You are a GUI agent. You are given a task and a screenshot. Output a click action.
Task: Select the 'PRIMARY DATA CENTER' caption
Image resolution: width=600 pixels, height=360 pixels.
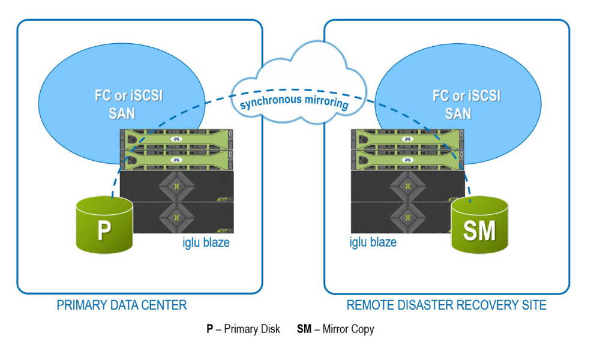[x=122, y=305]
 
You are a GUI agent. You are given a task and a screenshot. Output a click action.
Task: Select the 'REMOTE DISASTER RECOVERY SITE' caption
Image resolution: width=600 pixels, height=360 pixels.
[x=446, y=305]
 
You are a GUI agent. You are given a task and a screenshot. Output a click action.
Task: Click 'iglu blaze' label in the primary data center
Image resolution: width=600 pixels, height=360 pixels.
[x=205, y=242]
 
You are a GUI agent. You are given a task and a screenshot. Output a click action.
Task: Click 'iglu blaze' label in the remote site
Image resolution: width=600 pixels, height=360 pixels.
[x=373, y=242]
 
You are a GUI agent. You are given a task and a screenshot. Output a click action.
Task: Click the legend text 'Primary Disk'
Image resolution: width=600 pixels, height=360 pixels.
[x=251, y=329]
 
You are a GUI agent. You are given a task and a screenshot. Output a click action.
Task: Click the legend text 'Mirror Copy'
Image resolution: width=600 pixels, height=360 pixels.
[x=349, y=329]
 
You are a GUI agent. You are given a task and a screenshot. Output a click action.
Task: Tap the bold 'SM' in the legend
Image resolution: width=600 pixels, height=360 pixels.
[x=304, y=329]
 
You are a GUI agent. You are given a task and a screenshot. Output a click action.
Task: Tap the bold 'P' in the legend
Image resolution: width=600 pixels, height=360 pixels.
[x=210, y=329]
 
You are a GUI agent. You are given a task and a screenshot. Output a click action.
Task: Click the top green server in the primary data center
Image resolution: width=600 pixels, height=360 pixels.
[x=176, y=139]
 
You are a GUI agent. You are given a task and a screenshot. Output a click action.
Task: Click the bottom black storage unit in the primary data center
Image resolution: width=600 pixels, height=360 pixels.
[x=176, y=217]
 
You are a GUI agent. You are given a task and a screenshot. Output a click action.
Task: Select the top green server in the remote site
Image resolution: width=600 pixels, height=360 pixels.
[x=407, y=139]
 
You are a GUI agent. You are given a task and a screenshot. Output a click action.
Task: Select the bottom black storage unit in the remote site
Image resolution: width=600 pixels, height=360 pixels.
[x=407, y=217]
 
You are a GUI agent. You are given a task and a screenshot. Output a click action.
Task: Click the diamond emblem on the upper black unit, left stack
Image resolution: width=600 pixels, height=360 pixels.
[x=176, y=186]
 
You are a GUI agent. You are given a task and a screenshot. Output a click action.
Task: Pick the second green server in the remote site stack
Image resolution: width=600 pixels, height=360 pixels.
[x=407, y=160]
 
